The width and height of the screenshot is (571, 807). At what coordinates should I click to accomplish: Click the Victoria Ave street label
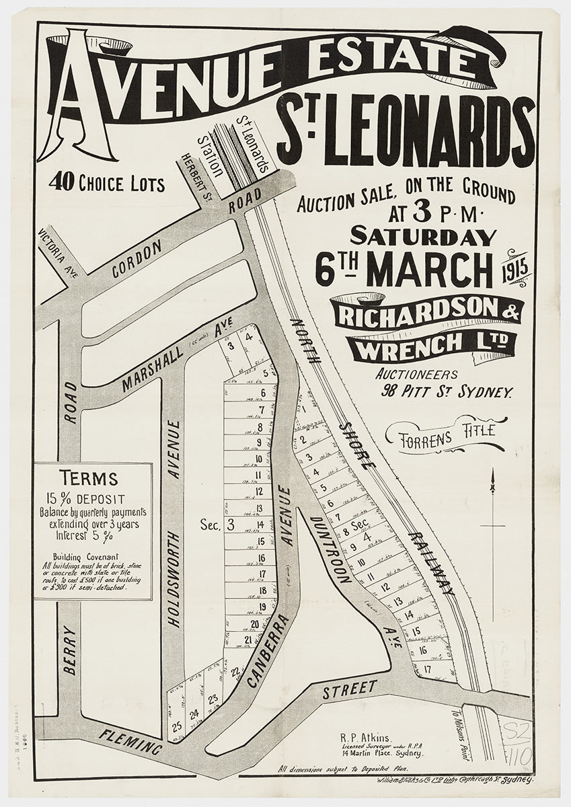click(53, 256)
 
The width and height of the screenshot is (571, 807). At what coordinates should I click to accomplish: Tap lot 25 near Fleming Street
click(177, 726)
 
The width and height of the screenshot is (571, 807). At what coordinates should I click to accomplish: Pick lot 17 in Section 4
click(428, 668)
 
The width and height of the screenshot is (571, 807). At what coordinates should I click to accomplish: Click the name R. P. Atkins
click(363, 737)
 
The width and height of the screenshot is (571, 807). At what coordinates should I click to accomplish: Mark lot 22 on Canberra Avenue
click(235, 671)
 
